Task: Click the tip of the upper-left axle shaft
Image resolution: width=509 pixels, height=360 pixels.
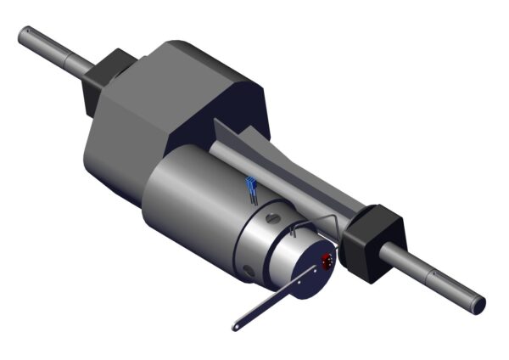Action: [x=24, y=33]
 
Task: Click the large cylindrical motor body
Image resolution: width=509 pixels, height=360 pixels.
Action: [x=191, y=204]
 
